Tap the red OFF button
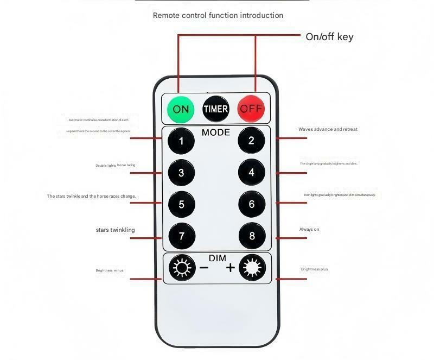pos(251,109)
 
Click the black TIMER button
pos(216,109)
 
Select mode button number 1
pos(181,141)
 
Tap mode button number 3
pos(181,173)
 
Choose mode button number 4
pos(251,173)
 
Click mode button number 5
pos(181,204)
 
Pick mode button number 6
pos(251,204)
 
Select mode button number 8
pos(251,236)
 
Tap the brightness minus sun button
pos(181,268)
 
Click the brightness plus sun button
pos(251,268)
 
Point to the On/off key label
pos(329,37)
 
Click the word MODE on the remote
pos(216,132)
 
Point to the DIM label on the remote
pos(217,258)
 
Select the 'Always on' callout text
pos(309,229)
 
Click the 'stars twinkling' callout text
pos(115,230)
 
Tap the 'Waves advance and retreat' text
pos(328,129)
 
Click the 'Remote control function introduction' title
pos(218,15)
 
